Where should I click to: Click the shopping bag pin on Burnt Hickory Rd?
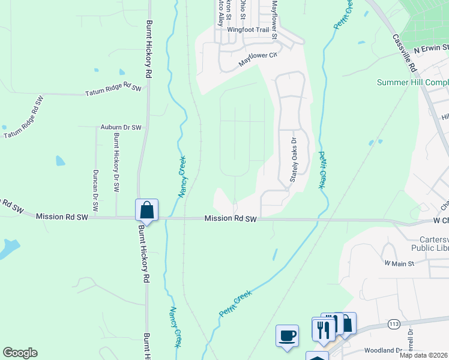[x=146, y=210]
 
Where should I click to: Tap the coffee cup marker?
[x=287, y=335]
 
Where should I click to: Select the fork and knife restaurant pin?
[x=322, y=328]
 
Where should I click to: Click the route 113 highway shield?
[x=394, y=324]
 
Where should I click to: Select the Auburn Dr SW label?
[x=121, y=128]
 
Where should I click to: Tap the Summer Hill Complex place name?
[x=412, y=82]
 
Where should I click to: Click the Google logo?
[x=20, y=353]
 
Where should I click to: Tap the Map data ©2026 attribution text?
[x=423, y=355]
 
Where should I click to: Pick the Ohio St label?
[x=243, y=9]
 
